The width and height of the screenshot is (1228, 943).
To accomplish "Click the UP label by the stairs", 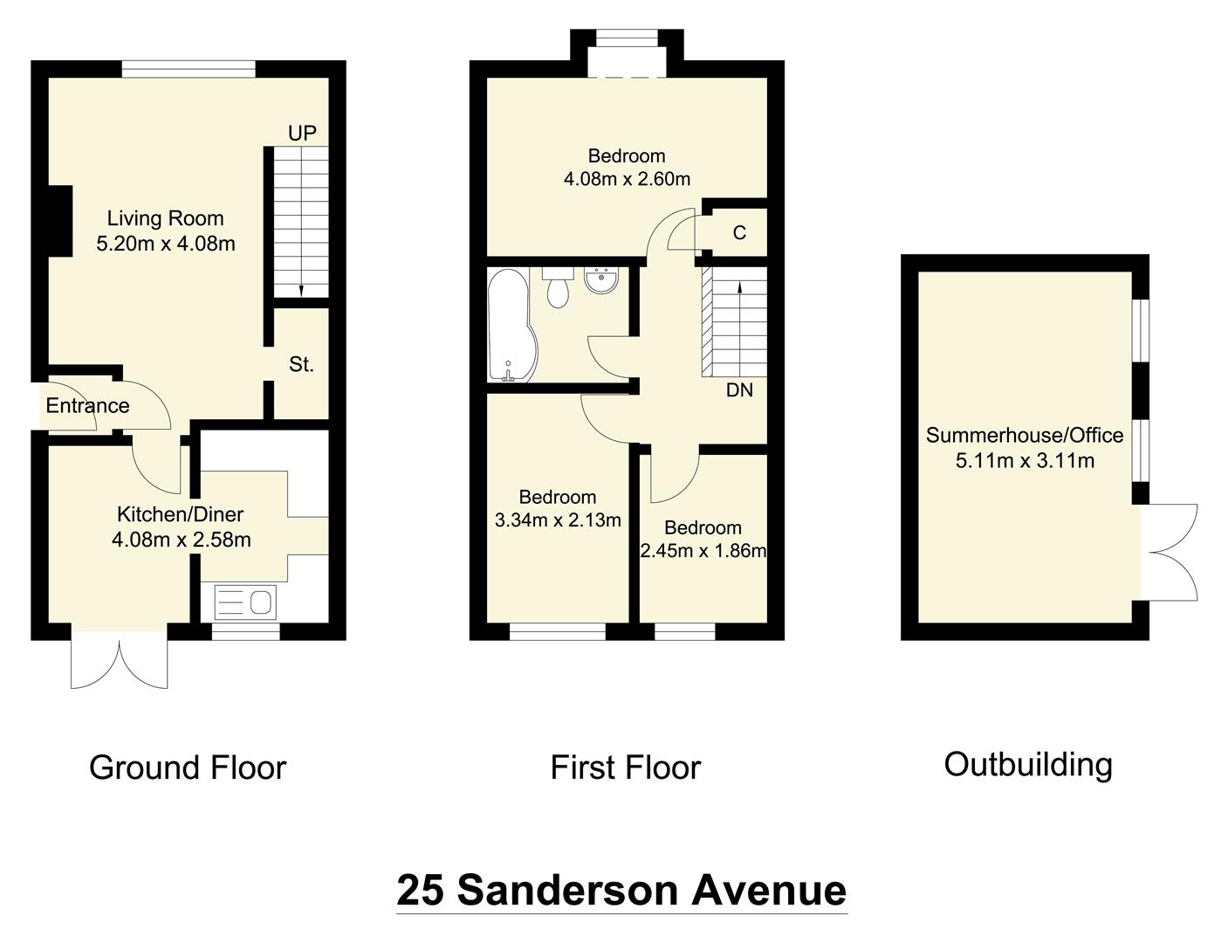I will (x=302, y=134).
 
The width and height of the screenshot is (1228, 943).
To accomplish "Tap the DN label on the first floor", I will (x=739, y=390).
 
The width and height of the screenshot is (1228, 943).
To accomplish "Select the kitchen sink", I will (x=245, y=602).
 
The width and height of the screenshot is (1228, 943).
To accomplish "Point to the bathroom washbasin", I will (x=601, y=281).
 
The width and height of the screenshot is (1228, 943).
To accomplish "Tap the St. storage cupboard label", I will (x=301, y=365).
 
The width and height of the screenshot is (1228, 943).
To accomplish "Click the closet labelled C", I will (x=739, y=233).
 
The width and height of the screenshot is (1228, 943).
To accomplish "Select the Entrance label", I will (x=87, y=406).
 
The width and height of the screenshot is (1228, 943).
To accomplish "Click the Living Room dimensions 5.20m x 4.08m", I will (x=166, y=244).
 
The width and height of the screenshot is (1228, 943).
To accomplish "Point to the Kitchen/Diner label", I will (x=181, y=514).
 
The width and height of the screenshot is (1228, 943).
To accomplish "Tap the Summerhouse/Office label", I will (x=1025, y=435).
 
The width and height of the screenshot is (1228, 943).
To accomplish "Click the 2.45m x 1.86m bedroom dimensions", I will (x=703, y=551).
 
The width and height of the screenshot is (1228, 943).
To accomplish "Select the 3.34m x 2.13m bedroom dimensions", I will (x=558, y=520).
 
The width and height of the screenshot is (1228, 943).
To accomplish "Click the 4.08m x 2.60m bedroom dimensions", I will (x=627, y=179).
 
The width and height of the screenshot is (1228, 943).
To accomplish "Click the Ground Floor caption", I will (x=188, y=767).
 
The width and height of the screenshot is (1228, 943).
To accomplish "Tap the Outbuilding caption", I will (x=1028, y=764).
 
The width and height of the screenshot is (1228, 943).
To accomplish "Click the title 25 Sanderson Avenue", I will (x=621, y=891).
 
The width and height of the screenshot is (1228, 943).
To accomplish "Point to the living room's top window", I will (x=189, y=69).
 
